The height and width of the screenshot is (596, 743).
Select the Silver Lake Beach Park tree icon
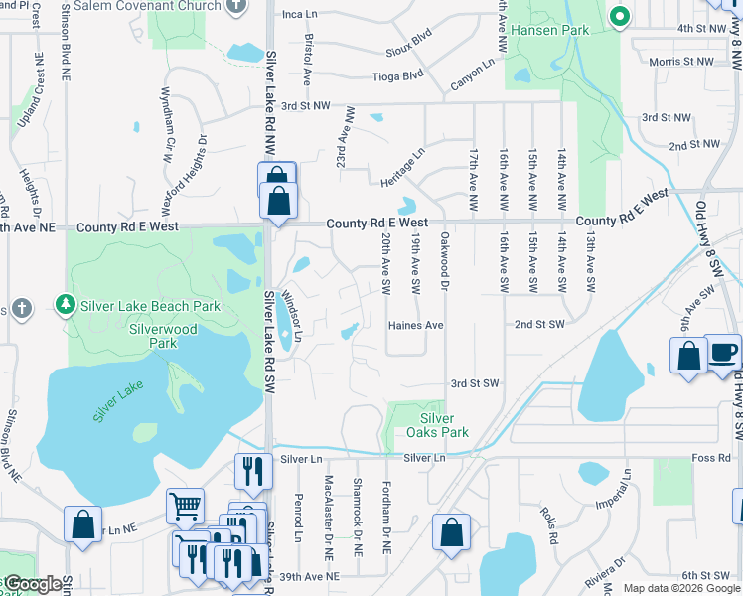point(65,303)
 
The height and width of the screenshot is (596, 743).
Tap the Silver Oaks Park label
point(437,425)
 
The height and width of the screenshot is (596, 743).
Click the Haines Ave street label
point(415,325)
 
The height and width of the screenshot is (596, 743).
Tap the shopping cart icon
point(184,506)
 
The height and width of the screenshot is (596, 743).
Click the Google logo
point(33,584)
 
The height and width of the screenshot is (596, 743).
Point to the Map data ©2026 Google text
point(681,588)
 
